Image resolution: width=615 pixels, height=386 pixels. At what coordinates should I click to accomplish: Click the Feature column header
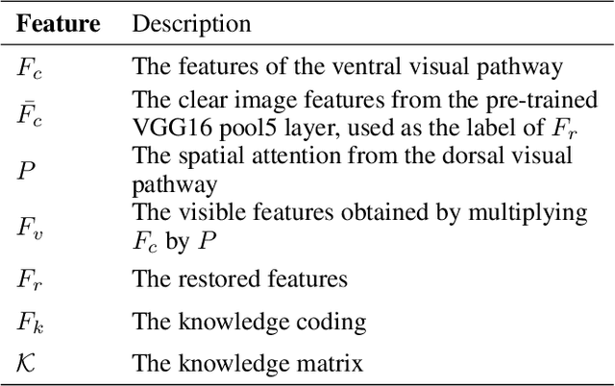58,24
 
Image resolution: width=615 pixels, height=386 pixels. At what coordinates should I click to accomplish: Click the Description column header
191,24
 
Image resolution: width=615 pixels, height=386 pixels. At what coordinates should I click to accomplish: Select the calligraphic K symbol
26,364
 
